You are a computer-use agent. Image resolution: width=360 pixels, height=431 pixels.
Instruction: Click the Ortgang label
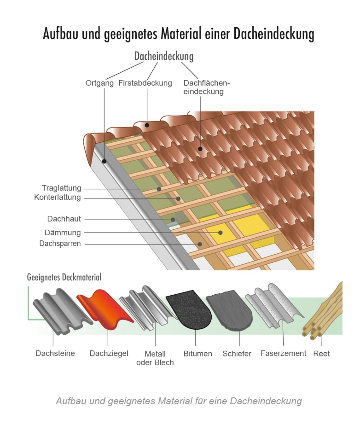(x=100, y=83)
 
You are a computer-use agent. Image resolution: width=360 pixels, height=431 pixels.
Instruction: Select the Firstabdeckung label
(x=145, y=83)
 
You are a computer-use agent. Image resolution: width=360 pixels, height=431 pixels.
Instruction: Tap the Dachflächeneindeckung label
(x=206, y=87)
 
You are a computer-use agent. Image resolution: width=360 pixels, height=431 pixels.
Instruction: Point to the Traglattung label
(x=61, y=188)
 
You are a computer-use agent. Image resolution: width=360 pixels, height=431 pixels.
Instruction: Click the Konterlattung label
(x=58, y=198)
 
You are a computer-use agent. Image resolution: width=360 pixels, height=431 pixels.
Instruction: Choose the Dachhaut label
(x=64, y=219)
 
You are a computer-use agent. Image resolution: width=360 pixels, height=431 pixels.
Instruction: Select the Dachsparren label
(x=60, y=244)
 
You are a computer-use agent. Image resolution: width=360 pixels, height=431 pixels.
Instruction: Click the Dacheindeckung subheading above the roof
(x=163, y=57)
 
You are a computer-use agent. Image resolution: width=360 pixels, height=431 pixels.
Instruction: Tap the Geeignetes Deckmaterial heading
(x=64, y=277)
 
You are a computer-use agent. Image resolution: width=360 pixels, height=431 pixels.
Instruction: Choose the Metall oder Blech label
(x=155, y=358)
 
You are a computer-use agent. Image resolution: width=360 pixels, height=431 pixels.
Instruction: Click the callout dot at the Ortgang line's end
(x=105, y=161)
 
